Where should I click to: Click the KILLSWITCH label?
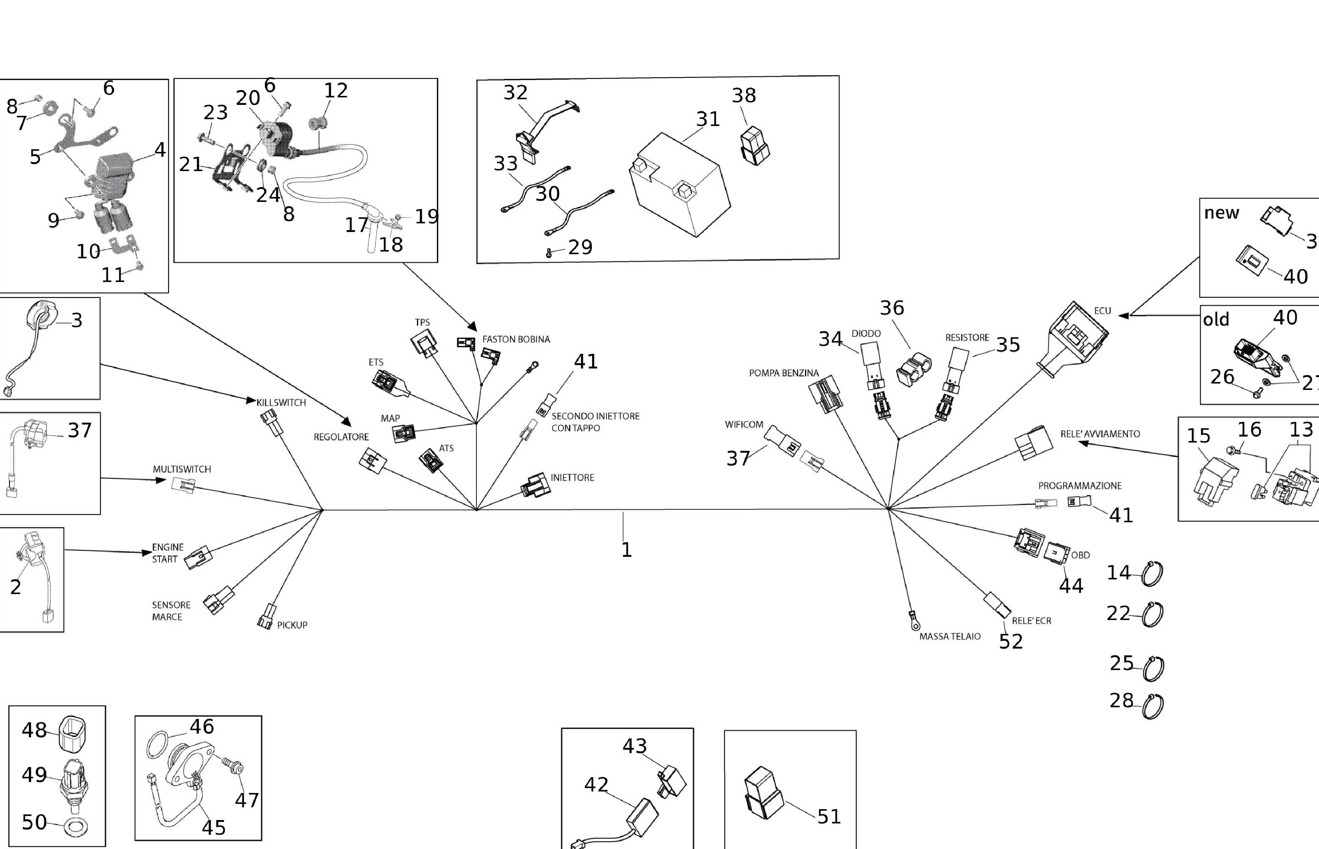(x=281, y=402)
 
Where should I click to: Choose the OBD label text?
(x=1080, y=555)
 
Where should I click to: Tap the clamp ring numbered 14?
(x=1152, y=574)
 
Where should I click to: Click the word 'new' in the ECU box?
(x=1222, y=213)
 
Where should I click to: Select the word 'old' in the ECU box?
(x=1216, y=320)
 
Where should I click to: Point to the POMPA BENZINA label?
(x=784, y=373)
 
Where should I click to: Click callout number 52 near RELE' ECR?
(x=1011, y=641)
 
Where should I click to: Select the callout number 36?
(x=892, y=308)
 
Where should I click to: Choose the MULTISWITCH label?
(x=182, y=469)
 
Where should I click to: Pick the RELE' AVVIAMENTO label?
(x=1100, y=434)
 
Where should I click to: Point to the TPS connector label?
(x=422, y=323)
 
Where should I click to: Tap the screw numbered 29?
(x=549, y=253)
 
